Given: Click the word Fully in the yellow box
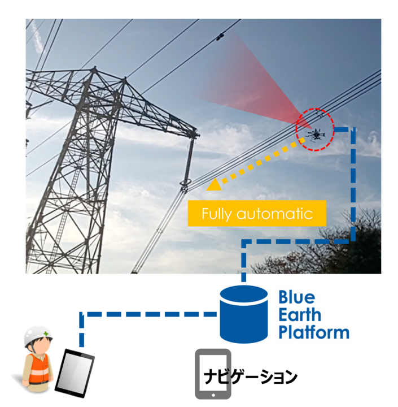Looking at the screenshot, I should click(x=220, y=214).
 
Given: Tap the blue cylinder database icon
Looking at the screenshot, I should click(x=244, y=314).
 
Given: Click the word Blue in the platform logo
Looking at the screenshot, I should click(x=298, y=297).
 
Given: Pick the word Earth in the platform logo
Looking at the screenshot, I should click(x=300, y=315).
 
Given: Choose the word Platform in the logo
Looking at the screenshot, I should click(x=314, y=332).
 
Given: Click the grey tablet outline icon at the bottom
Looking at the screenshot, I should click(x=212, y=374).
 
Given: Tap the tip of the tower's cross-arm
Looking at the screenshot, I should click(x=195, y=135).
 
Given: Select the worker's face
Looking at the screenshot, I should click(x=40, y=347).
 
